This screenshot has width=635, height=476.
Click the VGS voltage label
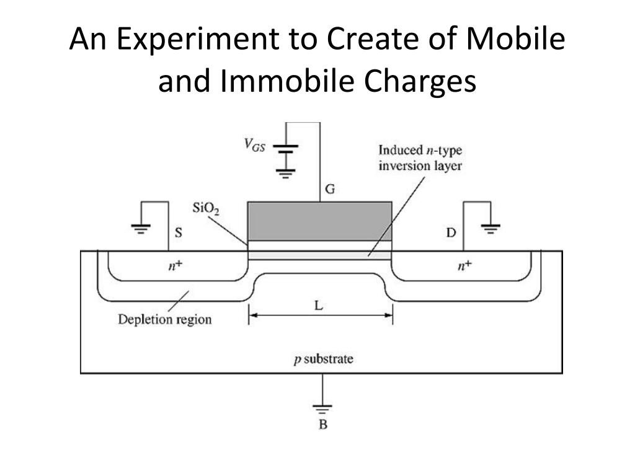(254, 146)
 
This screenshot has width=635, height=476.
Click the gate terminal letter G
(330, 190)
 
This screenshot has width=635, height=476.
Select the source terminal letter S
(178, 233)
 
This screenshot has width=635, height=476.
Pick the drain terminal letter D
(451, 233)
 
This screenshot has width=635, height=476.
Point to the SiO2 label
(206, 209)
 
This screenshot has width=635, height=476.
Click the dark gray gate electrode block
(319, 221)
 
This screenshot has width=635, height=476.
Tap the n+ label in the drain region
(464, 266)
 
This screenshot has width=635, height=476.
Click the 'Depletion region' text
(165, 320)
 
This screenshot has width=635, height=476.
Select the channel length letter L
(319, 306)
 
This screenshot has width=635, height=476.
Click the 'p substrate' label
(323, 359)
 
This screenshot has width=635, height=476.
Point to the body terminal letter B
(322, 425)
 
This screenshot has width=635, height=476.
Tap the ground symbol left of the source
(141, 230)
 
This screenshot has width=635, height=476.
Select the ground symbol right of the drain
(491, 230)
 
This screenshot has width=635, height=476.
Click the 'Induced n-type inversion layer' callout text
(420, 158)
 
